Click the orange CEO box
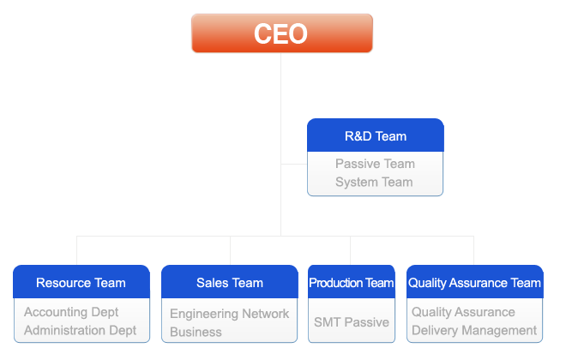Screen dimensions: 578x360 click(282, 33)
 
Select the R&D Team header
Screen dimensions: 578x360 click(376, 135)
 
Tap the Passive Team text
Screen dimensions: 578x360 click(375, 164)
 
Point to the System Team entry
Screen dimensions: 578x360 click(374, 182)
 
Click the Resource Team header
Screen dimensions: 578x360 click(81, 282)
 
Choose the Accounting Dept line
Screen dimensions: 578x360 click(71, 312)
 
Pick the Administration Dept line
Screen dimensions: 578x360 click(80, 331)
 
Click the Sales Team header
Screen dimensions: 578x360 click(230, 282)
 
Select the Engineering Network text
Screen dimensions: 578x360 click(229, 314)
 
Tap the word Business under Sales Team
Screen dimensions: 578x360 click(196, 332)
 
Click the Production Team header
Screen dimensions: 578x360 click(352, 282)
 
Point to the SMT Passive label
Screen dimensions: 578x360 click(352, 322)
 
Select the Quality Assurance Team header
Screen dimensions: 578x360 click(475, 282)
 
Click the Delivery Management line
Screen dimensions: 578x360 click(474, 331)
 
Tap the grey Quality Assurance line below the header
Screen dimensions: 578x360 click(463, 312)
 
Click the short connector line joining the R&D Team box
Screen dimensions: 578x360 click(294, 164)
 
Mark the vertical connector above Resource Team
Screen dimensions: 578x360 click(76, 250)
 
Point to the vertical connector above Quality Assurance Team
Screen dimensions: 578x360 click(473, 250)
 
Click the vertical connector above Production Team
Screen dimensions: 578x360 click(350, 250)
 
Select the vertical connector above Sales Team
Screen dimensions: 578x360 click(230, 250)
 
